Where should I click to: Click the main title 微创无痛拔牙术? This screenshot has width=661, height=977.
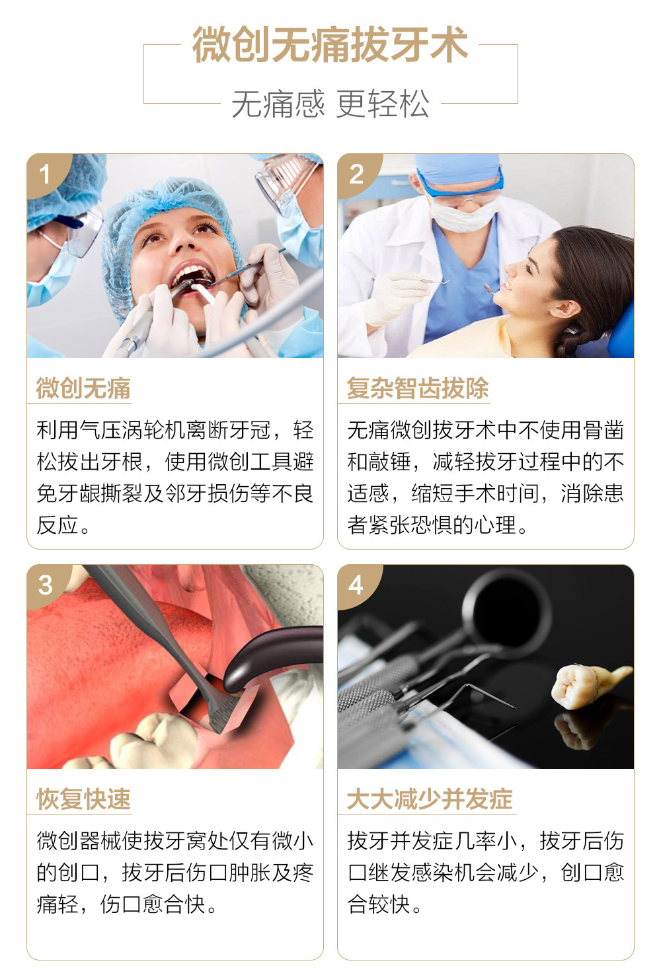pyautogui.click(x=330, y=44)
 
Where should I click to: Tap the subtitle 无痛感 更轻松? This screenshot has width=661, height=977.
pyautogui.click(x=330, y=104)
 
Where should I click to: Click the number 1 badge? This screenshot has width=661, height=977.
pyautogui.click(x=45, y=174)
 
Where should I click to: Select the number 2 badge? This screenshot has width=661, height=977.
pyautogui.click(x=356, y=174)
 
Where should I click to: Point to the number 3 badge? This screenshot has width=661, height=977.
pyautogui.click(x=46, y=585)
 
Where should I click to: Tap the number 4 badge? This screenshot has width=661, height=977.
pyautogui.click(x=356, y=585)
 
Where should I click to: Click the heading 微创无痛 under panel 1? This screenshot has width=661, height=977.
pyautogui.click(x=83, y=388)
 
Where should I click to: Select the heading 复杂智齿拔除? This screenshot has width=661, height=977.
pyautogui.click(x=418, y=388)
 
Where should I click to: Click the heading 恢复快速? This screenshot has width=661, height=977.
pyautogui.click(x=83, y=799)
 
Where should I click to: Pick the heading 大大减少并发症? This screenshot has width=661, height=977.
pyautogui.click(x=430, y=799)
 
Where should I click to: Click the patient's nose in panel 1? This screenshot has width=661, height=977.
pyautogui.click(x=182, y=242)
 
